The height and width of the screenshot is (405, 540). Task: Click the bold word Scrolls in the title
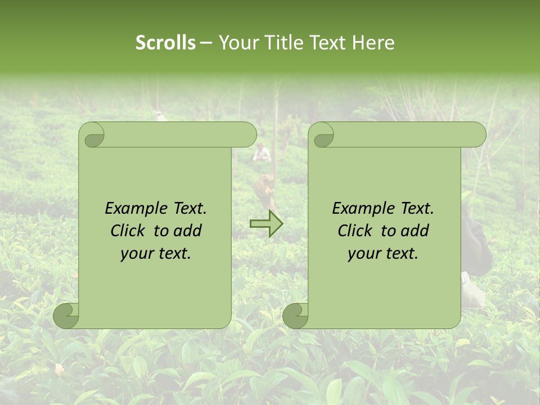165,43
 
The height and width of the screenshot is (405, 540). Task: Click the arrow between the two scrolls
266,224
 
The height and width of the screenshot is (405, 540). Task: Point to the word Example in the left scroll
136,209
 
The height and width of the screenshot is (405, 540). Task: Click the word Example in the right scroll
363,209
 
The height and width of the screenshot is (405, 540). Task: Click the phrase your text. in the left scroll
155,254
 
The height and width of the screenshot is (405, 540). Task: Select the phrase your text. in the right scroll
382,254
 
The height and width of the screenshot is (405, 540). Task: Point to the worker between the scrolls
262,153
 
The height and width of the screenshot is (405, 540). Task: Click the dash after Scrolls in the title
206,43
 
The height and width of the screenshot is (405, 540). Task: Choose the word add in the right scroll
416,231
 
